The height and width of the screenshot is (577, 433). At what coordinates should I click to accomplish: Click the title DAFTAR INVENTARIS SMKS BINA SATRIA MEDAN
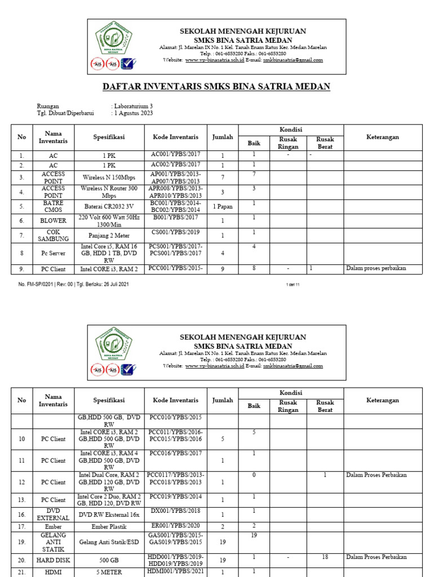pos(216,86)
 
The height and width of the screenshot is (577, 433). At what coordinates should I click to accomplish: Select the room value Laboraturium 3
pos(133,106)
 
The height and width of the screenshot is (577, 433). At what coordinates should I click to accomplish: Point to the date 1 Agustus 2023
pos(134,113)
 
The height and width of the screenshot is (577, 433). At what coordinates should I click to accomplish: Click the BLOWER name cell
pos(53,221)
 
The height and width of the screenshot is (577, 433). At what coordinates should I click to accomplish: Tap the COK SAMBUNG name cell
pos(53,236)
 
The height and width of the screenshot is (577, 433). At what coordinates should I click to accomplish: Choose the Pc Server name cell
pos(53,254)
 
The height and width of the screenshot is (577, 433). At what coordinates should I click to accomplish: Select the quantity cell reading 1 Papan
pos(222,207)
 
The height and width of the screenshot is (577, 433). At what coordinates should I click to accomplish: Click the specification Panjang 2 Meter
pos(109,236)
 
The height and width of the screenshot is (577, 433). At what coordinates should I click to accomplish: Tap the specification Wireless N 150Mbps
pos(109,177)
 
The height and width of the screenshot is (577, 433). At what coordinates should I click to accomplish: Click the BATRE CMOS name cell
pos(53,206)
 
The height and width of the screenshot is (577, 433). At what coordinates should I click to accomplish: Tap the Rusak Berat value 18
pos(325,557)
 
